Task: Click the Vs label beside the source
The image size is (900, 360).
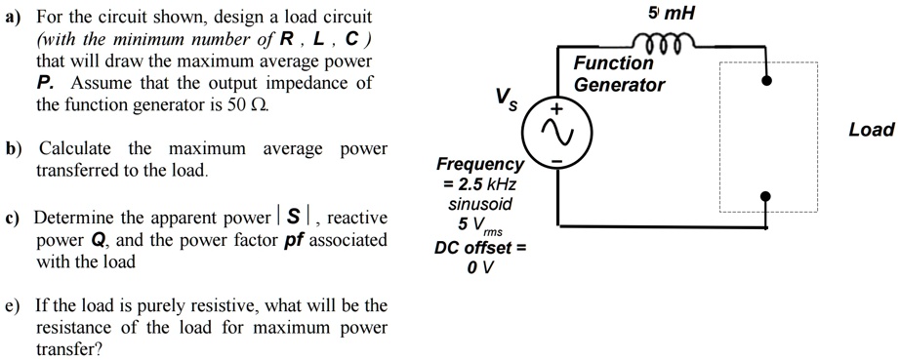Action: coord(506,98)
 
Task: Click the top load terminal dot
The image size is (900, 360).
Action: coord(767,81)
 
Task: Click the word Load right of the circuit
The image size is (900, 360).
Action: coord(871,130)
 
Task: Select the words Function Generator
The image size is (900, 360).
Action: coord(618,74)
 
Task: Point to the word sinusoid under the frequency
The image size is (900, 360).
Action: coord(480,205)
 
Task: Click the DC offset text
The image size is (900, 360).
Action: coord(480,248)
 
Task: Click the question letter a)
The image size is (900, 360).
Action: coord(14,18)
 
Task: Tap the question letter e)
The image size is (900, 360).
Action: coord(14,305)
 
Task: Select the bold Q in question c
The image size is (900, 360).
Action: coord(97,240)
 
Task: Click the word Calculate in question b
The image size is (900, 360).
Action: coord(76,148)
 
